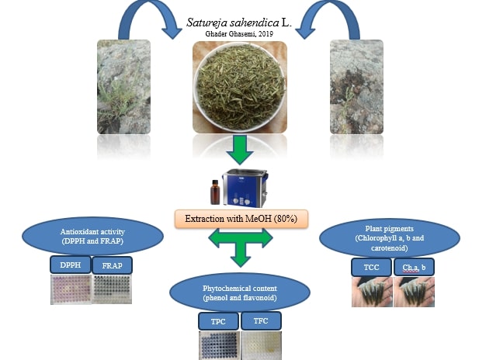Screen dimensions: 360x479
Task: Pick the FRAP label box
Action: pyautogui.click(x=112, y=265)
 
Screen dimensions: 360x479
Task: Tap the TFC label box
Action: pyautogui.click(x=260, y=320)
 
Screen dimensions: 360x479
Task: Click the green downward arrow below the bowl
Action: pyautogui.click(x=240, y=147)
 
